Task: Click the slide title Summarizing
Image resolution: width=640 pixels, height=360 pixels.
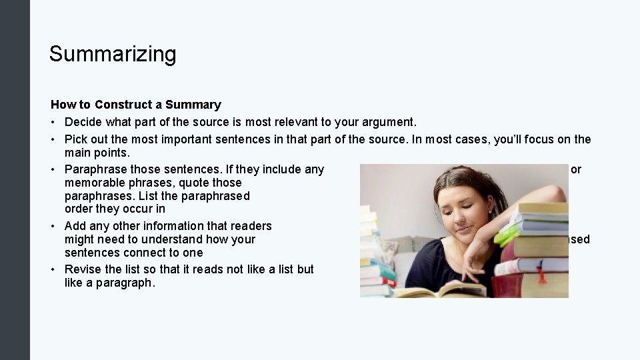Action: click(x=113, y=54)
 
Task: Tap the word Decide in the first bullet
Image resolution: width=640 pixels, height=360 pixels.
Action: click(x=83, y=122)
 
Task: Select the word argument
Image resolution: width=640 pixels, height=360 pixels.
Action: click(x=392, y=122)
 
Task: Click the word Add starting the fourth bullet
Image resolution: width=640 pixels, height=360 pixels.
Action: click(x=75, y=226)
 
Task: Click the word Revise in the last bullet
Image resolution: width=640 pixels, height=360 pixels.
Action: click(x=82, y=269)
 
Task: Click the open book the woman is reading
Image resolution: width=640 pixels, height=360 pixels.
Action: click(x=440, y=291)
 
